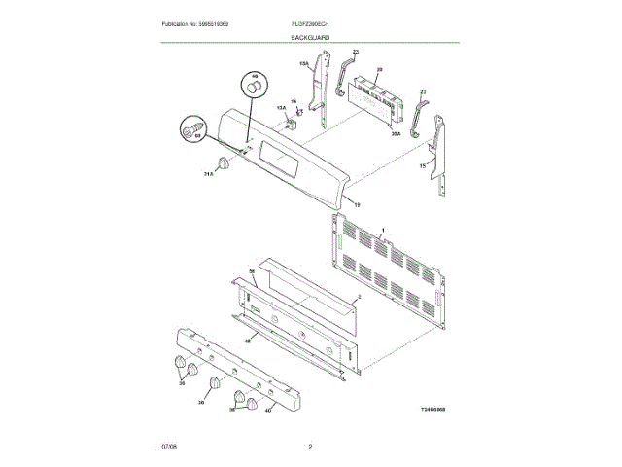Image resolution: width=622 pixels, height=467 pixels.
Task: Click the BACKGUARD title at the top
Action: click(x=310, y=36)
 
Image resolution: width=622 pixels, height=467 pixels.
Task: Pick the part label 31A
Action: click(x=208, y=174)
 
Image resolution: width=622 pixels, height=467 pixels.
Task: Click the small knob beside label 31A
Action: click(x=225, y=162)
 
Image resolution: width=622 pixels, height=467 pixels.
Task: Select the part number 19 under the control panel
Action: click(x=356, y=204)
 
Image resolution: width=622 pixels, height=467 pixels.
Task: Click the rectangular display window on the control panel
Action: click(x=280, y=161)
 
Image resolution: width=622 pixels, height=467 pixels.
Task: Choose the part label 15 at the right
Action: click(x=422, y=166)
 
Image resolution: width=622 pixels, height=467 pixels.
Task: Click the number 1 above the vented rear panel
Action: click(x=384, y=229)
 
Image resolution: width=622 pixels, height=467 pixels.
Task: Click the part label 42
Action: click(x=247, y=341)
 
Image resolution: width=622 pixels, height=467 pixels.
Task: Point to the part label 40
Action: click(x=270, y=410)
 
